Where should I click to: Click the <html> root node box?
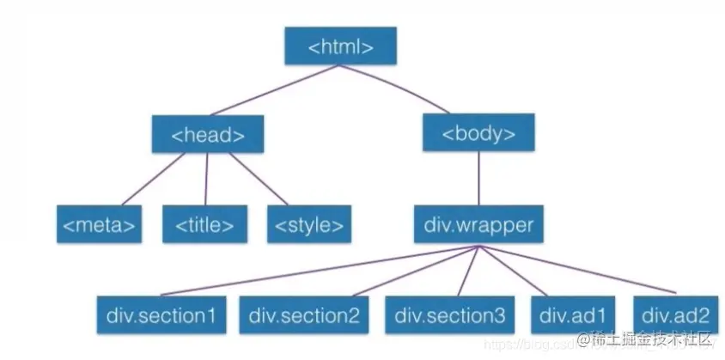click(x=341, y=46)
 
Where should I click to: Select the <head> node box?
click(x=208, y=134)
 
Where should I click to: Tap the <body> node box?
click(x=478, y=133)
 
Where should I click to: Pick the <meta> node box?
click(x=99, y=225)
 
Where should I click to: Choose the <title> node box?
click(x=204, y=225)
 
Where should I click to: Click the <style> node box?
click(x=309, y=225)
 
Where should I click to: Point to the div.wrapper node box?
click(x=478, y=225)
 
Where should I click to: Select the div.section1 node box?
click(x=161, y=314)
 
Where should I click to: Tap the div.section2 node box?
click(x=304, y=314)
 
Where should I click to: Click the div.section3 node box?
click(x=450, y=314)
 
